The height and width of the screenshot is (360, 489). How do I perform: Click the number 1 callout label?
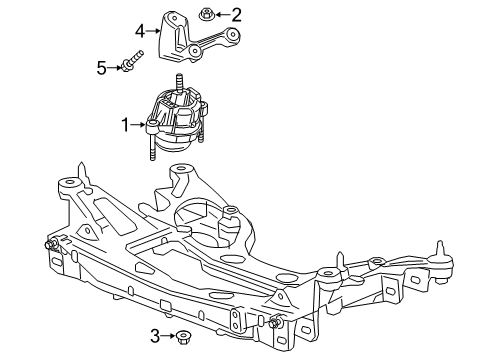(126, 124)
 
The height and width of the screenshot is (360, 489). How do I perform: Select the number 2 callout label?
(236, 14)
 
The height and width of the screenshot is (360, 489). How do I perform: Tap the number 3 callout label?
(156, 336)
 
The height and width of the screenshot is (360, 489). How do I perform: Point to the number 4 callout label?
(141, 30)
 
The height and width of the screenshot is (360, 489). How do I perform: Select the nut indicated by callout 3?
(186, 337)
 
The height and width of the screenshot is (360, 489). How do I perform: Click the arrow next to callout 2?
(221, 14)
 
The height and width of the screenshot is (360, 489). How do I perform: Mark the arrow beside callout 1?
(140, 124)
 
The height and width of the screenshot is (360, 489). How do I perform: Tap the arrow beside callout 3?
(170, 336)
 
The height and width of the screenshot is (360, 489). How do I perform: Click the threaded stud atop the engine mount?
(181, 83)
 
